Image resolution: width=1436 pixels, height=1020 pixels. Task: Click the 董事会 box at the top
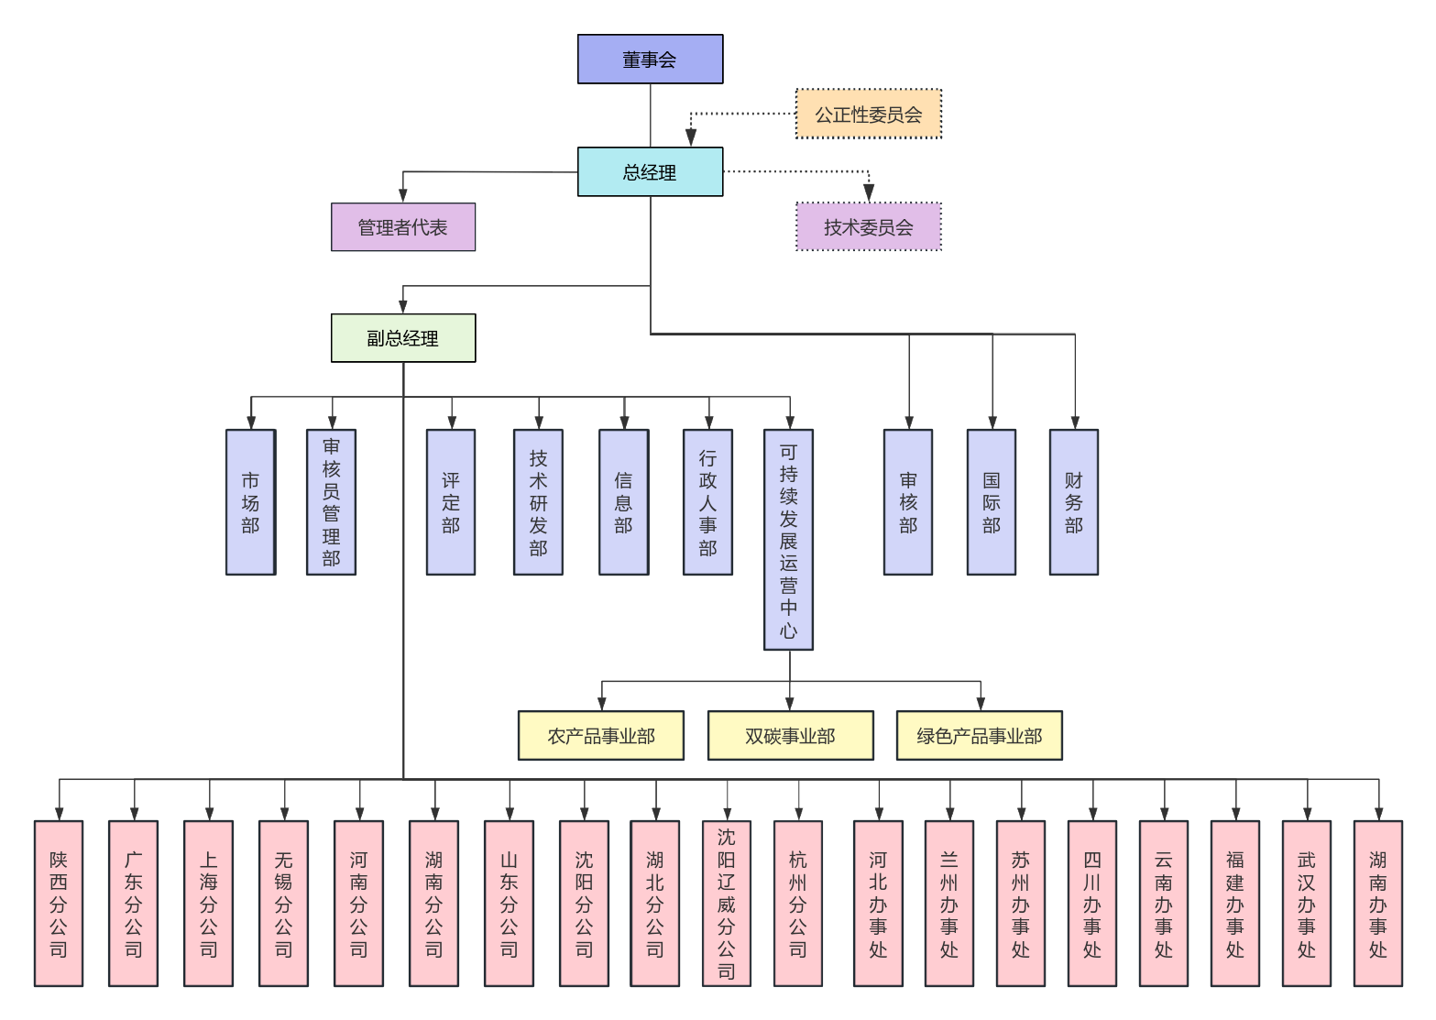(650, 60)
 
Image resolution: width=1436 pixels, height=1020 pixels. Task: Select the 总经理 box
(650, 172)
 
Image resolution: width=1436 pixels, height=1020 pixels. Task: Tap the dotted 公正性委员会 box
(868, 115)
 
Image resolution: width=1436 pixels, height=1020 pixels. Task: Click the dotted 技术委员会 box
(868, 227)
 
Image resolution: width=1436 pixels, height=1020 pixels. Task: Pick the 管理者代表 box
(403, 227)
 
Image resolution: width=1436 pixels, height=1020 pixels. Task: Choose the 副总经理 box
(403, 338)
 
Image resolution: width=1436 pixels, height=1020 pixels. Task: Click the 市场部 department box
(250, 502)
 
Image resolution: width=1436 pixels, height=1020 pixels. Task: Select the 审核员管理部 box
(331, 502)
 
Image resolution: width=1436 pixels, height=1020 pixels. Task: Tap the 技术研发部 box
(538, 502)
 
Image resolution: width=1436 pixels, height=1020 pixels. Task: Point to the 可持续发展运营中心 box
(788, 540)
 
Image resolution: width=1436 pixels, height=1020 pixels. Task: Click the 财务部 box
(1073, 502)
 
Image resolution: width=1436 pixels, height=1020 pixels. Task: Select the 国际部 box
(991, 502)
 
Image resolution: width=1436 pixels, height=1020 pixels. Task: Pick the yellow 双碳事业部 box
(790, 736)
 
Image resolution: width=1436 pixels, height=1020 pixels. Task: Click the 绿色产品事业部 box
(979, 736)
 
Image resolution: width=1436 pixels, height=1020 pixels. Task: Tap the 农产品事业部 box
(601, 736)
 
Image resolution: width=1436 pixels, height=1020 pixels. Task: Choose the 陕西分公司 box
(59, 904)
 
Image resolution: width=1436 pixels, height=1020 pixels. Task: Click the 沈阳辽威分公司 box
(726, 904)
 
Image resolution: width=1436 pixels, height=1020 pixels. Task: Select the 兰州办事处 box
(949, 904)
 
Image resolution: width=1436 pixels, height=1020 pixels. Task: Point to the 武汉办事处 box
(1307, 904)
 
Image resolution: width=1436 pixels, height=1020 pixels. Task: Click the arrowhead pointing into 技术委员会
(869, 193)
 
